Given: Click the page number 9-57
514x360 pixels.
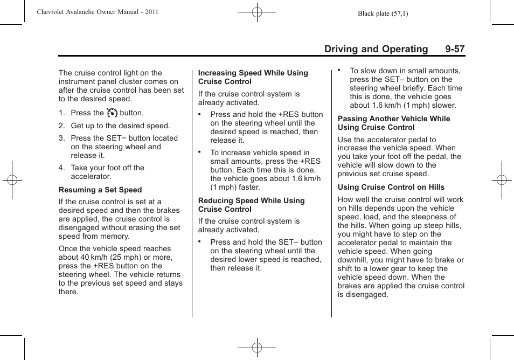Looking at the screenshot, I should tap(455, 49).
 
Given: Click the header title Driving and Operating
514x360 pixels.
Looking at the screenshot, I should tap(376, 49).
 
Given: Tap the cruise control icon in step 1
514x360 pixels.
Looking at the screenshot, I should tap(112, 113).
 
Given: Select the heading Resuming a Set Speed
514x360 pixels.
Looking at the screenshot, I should tap(100, 190).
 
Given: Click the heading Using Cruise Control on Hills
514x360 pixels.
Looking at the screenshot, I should tap(391, 187).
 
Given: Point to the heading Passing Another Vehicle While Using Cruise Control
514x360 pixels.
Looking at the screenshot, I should tap(394, 123).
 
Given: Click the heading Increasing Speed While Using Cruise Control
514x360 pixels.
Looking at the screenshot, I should tap(253, 77).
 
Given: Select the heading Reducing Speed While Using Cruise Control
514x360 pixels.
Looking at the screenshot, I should tap(252, 205).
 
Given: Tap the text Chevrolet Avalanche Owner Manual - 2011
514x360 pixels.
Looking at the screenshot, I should tap(98, 12).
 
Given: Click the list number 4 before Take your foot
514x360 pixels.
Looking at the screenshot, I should tap(61, 168).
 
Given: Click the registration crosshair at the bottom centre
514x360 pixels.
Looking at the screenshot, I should tap(257, 348).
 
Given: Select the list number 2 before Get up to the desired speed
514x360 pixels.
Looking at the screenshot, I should tap(61, 126).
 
